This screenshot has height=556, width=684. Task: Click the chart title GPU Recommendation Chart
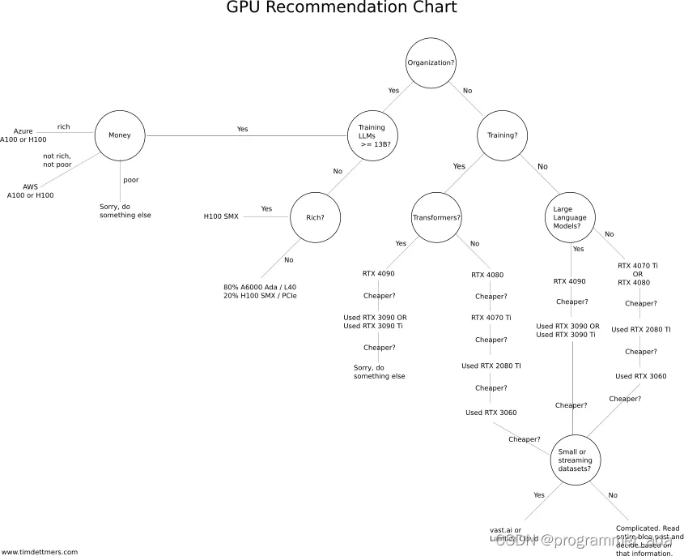tap(342, 8)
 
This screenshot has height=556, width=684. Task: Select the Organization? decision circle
tap(431, 62)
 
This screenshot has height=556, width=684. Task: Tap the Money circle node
tap(120, 135)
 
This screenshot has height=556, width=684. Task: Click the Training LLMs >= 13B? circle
tap(372, 135)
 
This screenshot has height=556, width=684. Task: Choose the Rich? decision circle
tap(315, 217)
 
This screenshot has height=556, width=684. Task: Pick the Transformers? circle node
tap(436, 217)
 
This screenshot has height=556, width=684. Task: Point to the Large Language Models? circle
tap(571, 217)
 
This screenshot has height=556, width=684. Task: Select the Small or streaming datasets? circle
tap(575, 460)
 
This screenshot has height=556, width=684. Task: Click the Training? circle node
tap(502, 135)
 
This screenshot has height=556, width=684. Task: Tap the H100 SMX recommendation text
tap(220, 217)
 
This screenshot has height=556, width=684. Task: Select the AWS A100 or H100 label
tap(30, 191)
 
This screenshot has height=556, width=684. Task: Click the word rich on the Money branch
tap(63, 126)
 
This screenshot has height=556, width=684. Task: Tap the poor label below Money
tap(131, 179)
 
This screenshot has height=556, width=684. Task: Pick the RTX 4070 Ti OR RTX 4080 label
tap(637, 274)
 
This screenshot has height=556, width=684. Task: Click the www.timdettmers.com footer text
tap(39, 552)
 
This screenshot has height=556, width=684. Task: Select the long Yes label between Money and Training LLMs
tap(242, 129)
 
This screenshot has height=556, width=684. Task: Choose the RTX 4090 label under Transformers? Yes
tap(378, 273)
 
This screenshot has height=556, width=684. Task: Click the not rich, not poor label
tap(57, 160)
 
